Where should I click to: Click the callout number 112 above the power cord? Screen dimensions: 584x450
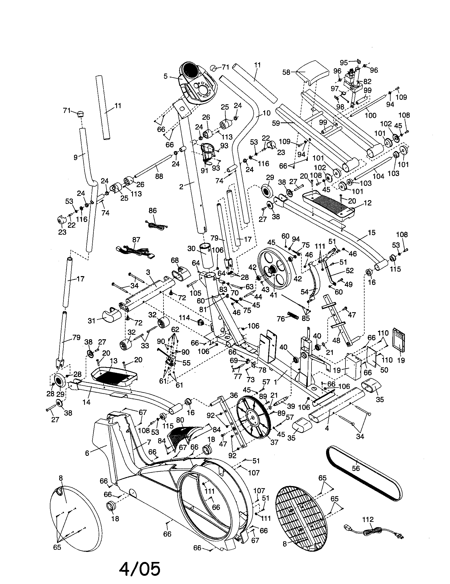(x=368, y=519)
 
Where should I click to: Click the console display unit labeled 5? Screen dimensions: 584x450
(x=198, y=83)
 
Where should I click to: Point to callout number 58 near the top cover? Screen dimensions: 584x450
(x=286, y=72)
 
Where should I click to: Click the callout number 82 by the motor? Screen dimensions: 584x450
(x=367, y=81)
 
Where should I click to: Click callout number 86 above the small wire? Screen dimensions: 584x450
(x=153, y=211)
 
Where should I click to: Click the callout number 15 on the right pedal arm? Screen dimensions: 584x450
(x=371, y=233)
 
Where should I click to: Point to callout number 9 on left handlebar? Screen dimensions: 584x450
(x=76, y=157)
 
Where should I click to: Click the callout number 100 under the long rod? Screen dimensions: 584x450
(x=370, y=115)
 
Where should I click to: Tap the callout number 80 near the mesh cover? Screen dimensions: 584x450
(x=180, y=421)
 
